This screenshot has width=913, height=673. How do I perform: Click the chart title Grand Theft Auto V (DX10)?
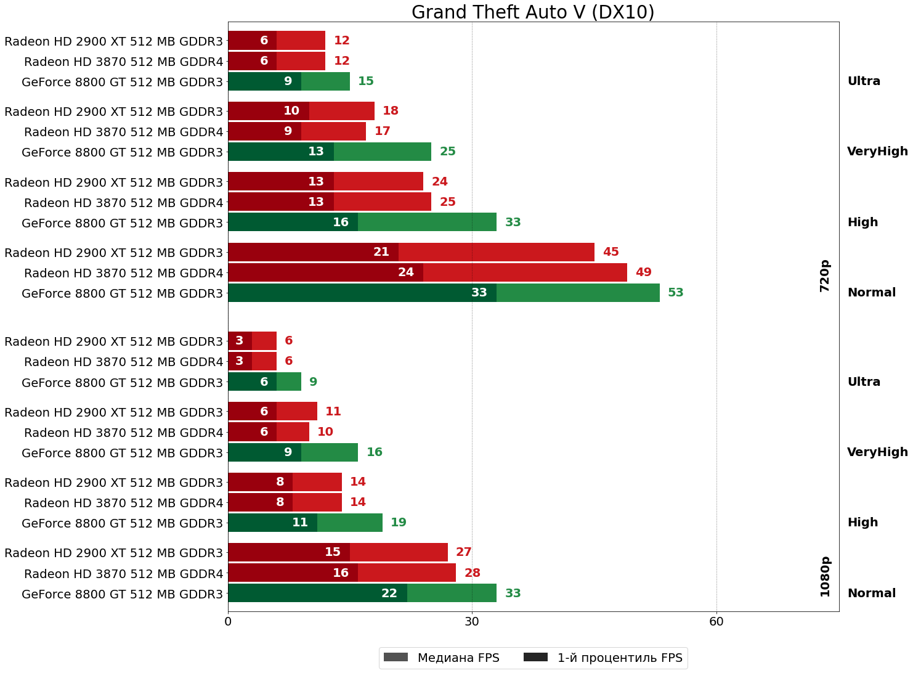[533, 12]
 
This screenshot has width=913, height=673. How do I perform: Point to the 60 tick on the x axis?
[716, 622]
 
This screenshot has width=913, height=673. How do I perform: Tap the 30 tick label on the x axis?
[472, 622]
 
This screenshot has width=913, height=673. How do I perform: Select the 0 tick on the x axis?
[228, 622]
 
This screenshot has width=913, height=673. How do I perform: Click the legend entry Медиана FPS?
[441, 658]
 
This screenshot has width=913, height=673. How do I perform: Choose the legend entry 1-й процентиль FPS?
[603, 658]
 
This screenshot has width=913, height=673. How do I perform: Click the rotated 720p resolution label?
[825, 275]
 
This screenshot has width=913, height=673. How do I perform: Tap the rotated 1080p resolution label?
[825, 576]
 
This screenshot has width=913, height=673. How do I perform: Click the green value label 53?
[676, 293]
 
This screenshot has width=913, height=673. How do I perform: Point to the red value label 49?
[643, 272]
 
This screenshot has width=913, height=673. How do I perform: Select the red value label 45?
[611, 252]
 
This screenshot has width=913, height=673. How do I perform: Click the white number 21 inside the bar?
[381, 252]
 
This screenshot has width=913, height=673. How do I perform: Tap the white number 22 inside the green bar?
[389, 593]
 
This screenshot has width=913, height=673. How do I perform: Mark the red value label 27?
[463, 552]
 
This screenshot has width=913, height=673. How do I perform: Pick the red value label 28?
[472, 573]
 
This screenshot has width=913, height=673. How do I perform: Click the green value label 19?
[399, 523]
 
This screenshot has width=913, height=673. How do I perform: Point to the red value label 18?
[391, 111]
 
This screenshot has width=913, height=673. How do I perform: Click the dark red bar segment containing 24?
[325, 272]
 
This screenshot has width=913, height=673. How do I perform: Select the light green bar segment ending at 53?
[578, 293]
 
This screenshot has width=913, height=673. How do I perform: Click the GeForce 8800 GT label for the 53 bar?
[122, 293]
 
